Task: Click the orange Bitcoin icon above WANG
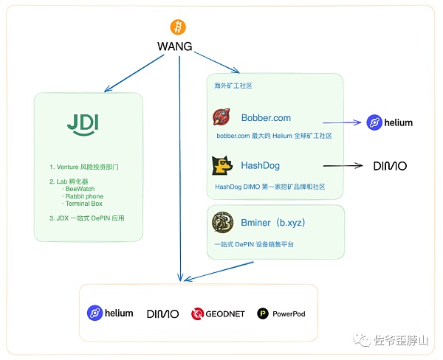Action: (178, 28)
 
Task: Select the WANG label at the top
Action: (175, 46)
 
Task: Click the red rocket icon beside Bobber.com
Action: (223, 117)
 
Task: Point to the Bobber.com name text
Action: (266, 117)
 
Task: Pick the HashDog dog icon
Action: (223, 165)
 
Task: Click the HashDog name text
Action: (261, 166)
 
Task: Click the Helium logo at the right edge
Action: (390, 122)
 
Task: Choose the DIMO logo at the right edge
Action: (390, 166)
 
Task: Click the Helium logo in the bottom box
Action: (110, 313)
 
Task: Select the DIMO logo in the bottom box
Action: (162, 314)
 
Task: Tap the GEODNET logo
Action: (217, 314)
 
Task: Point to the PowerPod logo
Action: (281, 314)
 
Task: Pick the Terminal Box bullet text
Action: (83, 204)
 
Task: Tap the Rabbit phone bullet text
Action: (84, 197)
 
